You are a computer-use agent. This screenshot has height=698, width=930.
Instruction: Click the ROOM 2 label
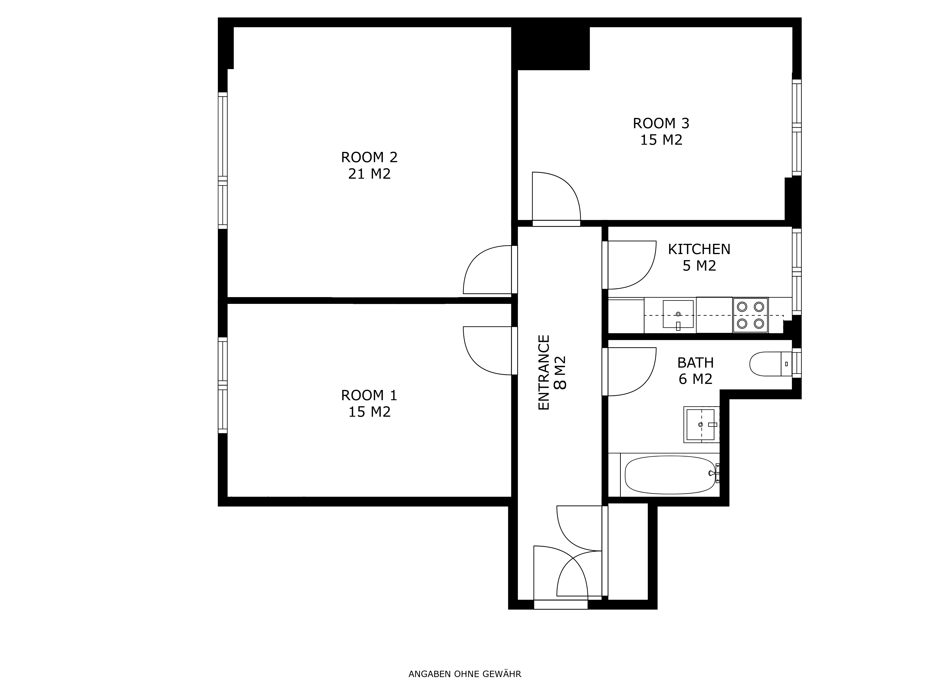(369, 157)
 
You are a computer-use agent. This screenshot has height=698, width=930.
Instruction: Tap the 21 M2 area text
(369, 174)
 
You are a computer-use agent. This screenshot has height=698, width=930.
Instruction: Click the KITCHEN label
(699, 249)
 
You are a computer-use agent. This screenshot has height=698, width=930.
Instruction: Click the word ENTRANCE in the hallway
(544, 372)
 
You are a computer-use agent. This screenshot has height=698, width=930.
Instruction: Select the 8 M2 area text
(560, 373)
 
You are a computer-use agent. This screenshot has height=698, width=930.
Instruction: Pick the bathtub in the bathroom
(670, 475)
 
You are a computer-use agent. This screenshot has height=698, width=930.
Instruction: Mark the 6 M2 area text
(695, 379)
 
